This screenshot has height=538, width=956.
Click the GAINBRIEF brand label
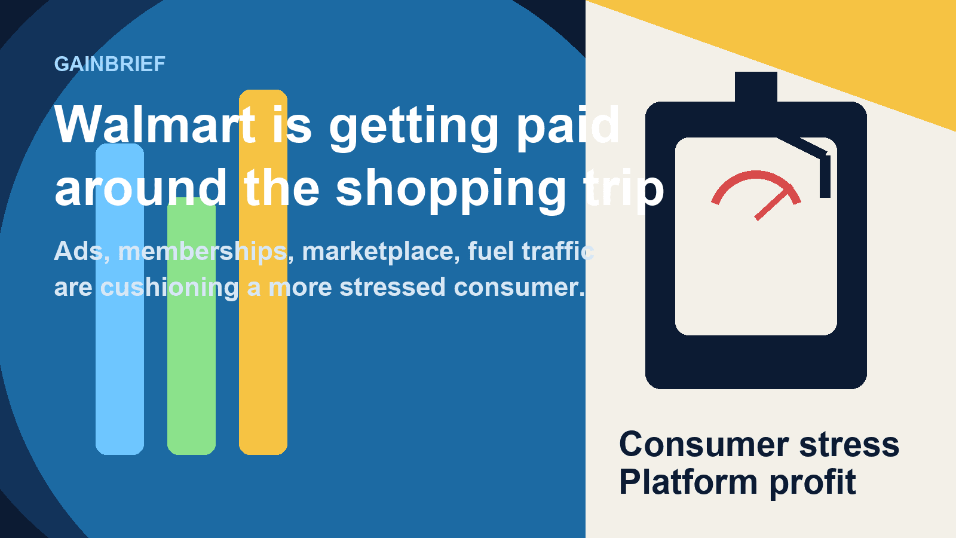tap(110, 65)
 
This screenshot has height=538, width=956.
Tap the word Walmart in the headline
tap(155, 124)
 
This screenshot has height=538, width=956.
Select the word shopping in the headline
tap(451, 189)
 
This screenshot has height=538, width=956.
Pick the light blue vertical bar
tap(120, 299)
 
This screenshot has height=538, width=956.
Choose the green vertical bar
tap(191, 326)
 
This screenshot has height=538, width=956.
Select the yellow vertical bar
tap(263, 272)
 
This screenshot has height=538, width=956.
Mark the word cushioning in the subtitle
tap(170, 288)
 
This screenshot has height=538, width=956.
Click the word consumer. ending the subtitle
tap(519, 287)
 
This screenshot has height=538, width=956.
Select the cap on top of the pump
tap(756, 87)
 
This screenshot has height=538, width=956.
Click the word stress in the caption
tap(849, 445)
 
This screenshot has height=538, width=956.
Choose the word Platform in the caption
tap(688, 482)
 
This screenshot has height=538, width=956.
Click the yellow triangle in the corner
tap(832, 38)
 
